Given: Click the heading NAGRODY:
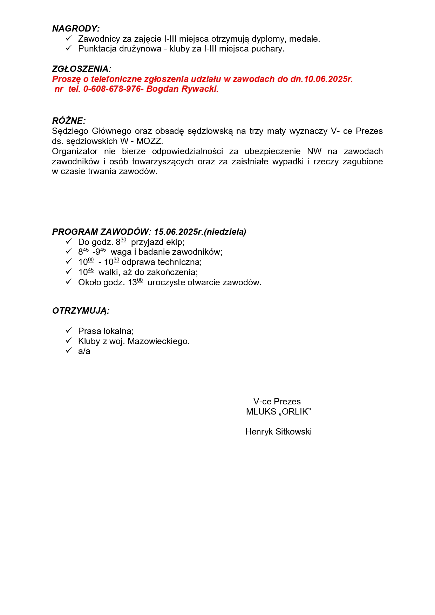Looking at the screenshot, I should (x=76, y=29).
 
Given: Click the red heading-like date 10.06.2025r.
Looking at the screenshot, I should (x=328, y=79).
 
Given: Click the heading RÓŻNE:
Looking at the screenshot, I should (x=69, y=121).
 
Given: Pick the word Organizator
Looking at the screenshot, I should (x=75, y=151).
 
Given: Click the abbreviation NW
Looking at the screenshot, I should (x=314, y=151).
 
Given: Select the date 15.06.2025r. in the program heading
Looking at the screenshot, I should (x=178, y=232).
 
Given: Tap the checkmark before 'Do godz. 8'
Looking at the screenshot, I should (x=69, y=241).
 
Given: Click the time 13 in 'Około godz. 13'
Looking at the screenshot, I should (x=132, y=283).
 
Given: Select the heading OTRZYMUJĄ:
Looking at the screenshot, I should (x=81, y=311).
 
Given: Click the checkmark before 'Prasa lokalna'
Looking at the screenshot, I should (x=69, y=330).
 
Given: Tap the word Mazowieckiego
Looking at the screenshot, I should (x=158, y=341).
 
